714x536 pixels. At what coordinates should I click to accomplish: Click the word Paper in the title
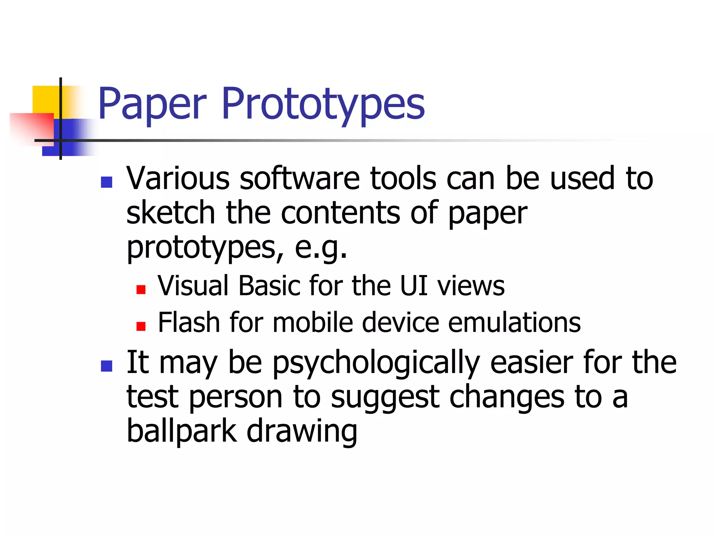click(152, 104)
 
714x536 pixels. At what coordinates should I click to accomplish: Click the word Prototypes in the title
click(323, 104)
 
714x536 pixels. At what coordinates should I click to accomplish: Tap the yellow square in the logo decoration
click(45, 100)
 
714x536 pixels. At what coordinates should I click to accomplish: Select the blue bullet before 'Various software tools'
click(106, 182)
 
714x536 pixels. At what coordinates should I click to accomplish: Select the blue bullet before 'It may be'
click(106, 366)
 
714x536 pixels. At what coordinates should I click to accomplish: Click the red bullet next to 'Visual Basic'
click(141, 290)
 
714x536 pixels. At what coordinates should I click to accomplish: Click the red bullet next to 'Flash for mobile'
click(141, 326)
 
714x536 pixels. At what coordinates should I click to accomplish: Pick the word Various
click(178, 179)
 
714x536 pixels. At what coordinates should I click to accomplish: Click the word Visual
click(193, 286)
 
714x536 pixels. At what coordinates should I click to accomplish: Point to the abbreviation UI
click(413, 286)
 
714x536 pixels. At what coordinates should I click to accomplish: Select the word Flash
click(189, 322)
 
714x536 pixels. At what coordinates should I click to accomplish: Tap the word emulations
click(514, 322)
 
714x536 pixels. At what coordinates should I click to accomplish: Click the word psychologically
click(376, 363)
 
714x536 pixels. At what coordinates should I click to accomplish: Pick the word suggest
click(385, 398)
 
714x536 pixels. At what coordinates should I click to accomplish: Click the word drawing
click(302, 432)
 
